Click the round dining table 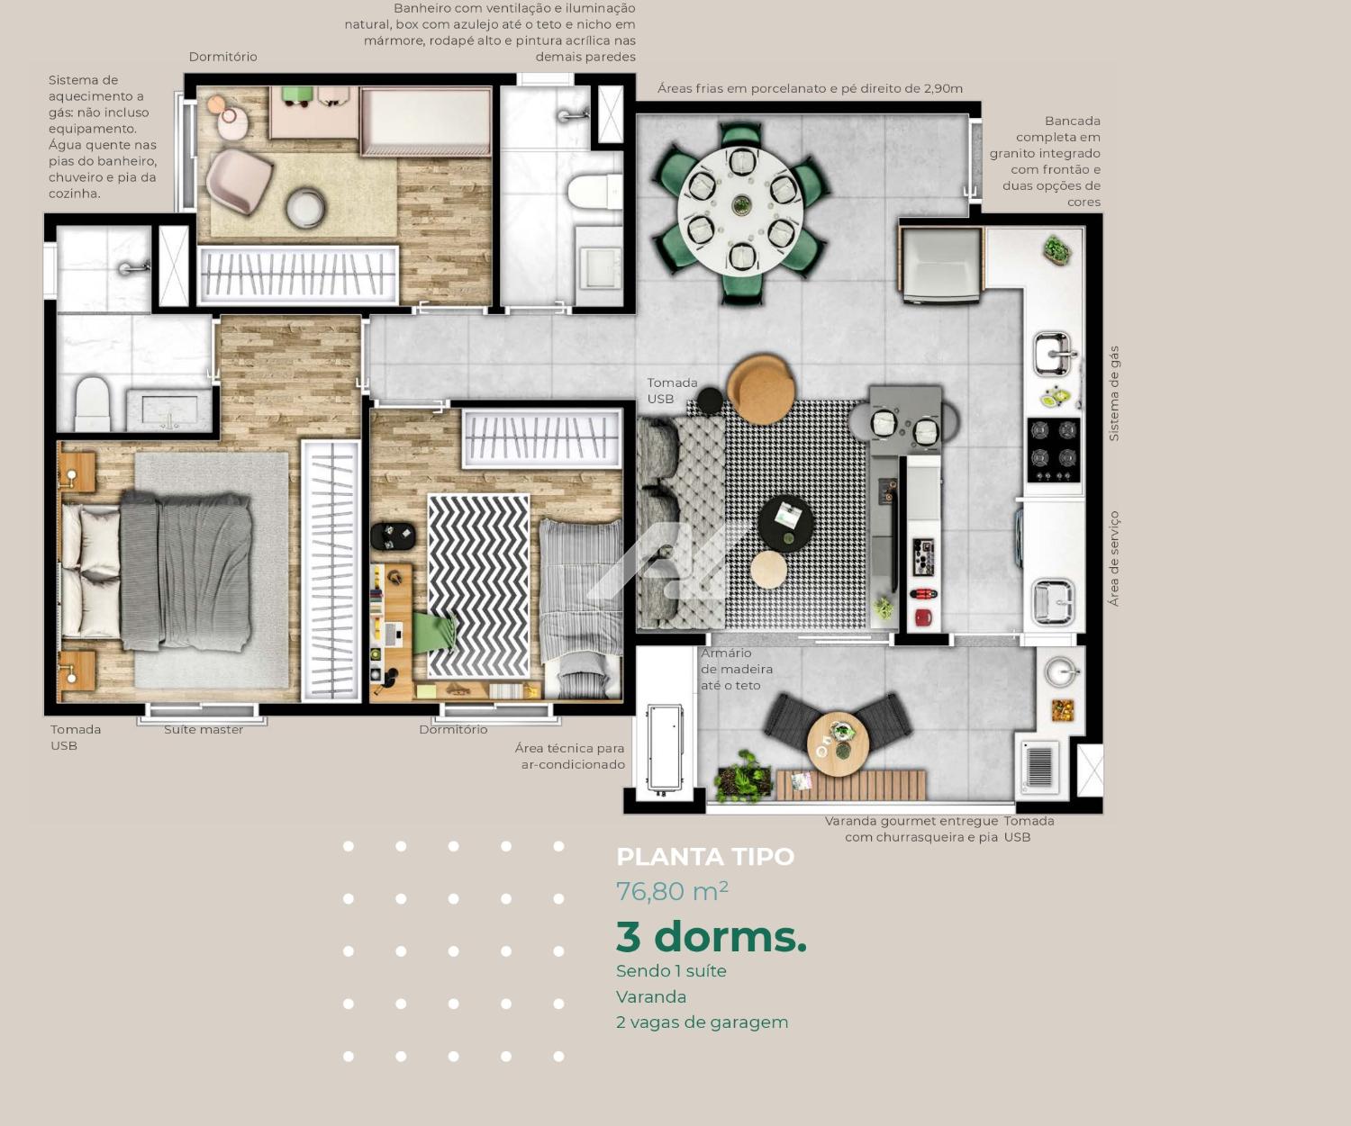[x=740, y=206]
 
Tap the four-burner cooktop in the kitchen [x=1054, y=450]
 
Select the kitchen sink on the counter [x=1053, y=354]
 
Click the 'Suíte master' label [x=204, y=730]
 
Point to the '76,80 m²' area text [x=672, y=891]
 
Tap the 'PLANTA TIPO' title [x=705, y=856]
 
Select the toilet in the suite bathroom [x=92, y=404]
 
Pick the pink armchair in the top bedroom [x=239, y=180]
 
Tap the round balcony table [x=838, y=744]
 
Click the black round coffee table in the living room [x=785, y=523]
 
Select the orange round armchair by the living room [x=762, y=388]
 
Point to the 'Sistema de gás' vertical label [x=1113, y=393]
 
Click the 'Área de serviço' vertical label [x=1113, y=559]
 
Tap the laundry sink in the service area [x=1053, y=602]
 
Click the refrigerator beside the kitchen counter [x=941, y=265]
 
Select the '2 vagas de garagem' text [x=702, y=1022]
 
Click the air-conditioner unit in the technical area [x=665, y=748]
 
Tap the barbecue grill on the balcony [x=1039, y=766]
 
